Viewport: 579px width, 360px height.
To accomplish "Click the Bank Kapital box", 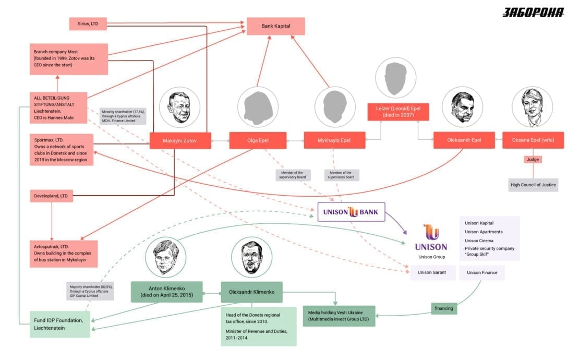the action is [x=276, y=26].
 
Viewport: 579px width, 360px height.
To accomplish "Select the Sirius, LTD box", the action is [x=88, y=23].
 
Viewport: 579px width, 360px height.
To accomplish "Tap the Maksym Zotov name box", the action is [x=180, y=140].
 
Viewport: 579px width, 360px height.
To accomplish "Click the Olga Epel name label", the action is [x=258, y=140].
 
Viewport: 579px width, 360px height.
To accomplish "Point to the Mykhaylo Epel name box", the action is [x=334, y=140].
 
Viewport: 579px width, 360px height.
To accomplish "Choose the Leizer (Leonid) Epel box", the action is [x=398, y=112].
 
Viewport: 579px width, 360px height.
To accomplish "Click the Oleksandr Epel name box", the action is [x=464, y=140].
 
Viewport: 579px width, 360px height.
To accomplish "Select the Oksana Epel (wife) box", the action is [x=533, y=140].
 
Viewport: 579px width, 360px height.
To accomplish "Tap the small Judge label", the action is [x=533, y=160].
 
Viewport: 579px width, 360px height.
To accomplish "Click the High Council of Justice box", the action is [x=533, y=185].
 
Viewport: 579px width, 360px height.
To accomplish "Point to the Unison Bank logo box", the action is [x=351, y=212].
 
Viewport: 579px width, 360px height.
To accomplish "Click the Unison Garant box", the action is [x=432, y=272].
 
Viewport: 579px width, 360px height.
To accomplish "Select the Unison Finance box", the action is [x=482, y=272].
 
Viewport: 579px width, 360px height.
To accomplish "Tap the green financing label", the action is [x=444, y=308].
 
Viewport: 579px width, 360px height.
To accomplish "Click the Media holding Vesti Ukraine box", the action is [x=339, y=316].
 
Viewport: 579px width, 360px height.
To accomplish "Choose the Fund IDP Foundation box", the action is [x=60, y=324].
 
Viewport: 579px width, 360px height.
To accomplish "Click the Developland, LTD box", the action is [x=51, y=196].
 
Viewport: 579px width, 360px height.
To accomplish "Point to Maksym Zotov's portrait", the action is [x=180, y=107].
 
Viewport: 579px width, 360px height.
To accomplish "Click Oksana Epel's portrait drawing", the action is [x=532, y=107].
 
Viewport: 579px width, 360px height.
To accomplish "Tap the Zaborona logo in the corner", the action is [x=533, y=13].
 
